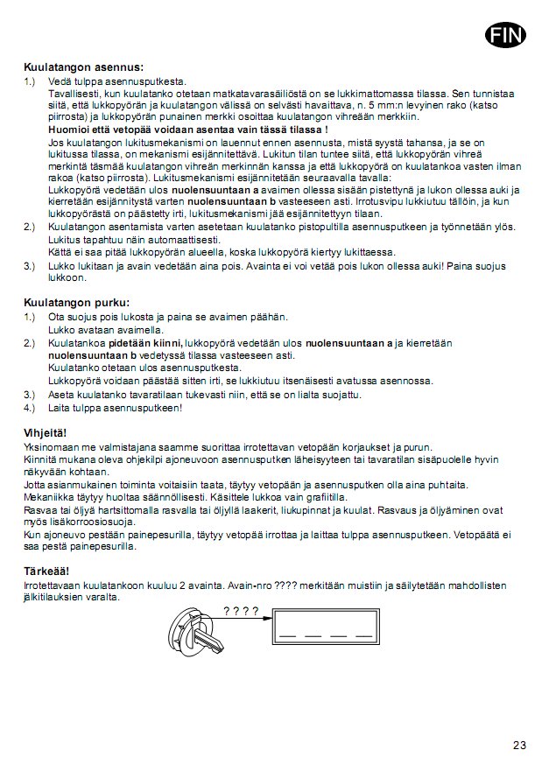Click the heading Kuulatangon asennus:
(x=83, y=67)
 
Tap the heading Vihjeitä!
(x=45, y=434)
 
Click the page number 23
(x=519, y=746)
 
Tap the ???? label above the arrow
(x=241, y=611)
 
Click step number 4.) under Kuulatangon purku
(x=31, y=408)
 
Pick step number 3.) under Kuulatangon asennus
(x=31, y=265)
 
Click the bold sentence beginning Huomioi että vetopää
(x=188, y=129)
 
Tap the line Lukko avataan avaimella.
(x=106, y=331)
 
